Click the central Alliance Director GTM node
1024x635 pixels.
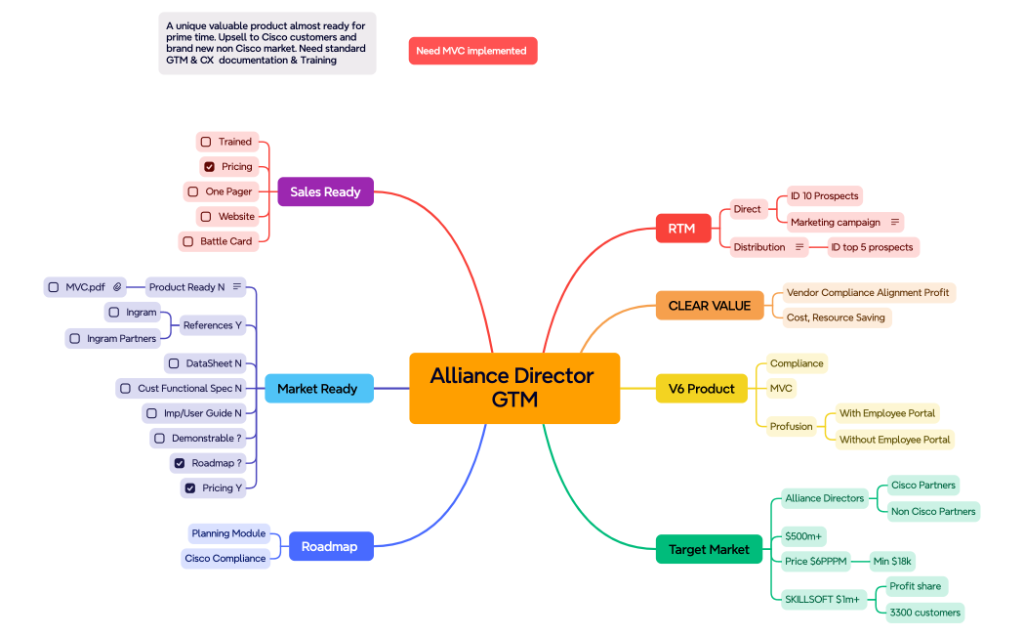(514, 388)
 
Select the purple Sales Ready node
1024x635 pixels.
(325, 191)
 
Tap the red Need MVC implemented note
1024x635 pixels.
(472, 51)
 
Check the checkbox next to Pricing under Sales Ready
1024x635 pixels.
(209, 167)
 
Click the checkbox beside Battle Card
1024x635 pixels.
(188, 241)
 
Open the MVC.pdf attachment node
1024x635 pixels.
(86, 287)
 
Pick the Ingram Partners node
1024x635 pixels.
(113, 338)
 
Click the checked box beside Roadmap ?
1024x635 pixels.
(180, 463)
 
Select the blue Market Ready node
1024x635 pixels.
(317, 389)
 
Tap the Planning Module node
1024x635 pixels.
(228, 533)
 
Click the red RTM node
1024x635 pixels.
(681, 229)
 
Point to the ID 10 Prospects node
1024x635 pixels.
(824, 196)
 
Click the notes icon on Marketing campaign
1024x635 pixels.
(894, 223)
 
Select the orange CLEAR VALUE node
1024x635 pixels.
(710, 306)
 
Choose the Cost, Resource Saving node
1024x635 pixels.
(836, 317)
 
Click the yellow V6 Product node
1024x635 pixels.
(701, 389)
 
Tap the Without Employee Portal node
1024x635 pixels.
(894, 440)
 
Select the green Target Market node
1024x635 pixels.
(709, 549)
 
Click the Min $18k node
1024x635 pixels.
(892, 561)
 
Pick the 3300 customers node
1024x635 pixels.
(924, 613)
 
